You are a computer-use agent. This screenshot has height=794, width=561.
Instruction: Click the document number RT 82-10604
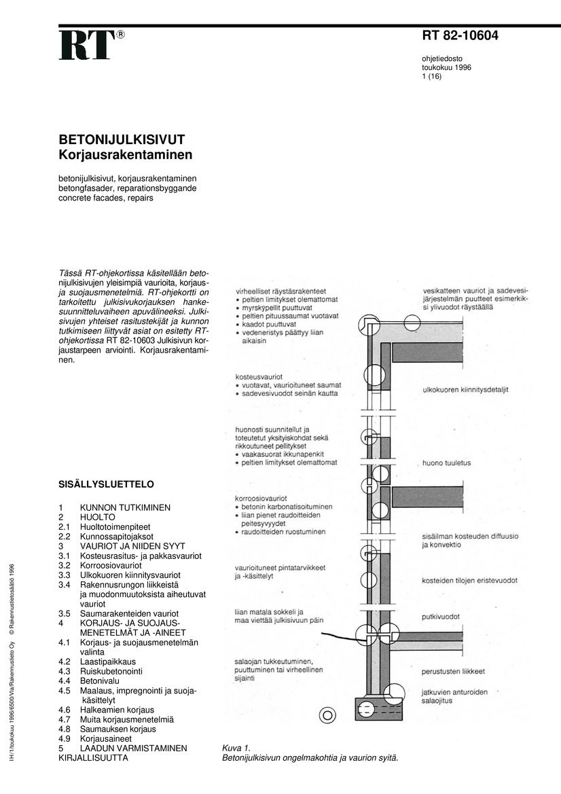(x=460, y=36)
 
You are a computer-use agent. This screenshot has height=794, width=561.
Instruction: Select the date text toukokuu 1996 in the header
(x=446, y=68)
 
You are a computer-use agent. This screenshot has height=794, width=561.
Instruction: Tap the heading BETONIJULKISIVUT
(x=122, y=139)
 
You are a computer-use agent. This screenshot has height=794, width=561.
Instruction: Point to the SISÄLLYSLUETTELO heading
(x=106, y=484)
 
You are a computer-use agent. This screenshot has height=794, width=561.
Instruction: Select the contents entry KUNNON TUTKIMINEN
(x=125, y=507)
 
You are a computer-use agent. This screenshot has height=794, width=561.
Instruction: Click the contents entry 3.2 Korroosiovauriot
(x=111, y=565)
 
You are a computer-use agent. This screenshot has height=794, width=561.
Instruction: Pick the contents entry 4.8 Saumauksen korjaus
(x=117, y=729)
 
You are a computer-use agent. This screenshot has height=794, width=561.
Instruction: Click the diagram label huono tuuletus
(x=446, y=463)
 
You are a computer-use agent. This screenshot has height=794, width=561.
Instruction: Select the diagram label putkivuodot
(x=441, y=617)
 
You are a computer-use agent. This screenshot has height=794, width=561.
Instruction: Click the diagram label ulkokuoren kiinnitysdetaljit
(x=465, y=390)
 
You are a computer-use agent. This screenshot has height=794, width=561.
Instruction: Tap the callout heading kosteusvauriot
(x=259, y=376)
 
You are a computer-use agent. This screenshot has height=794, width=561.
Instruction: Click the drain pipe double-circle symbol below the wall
(x=329, y=715)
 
